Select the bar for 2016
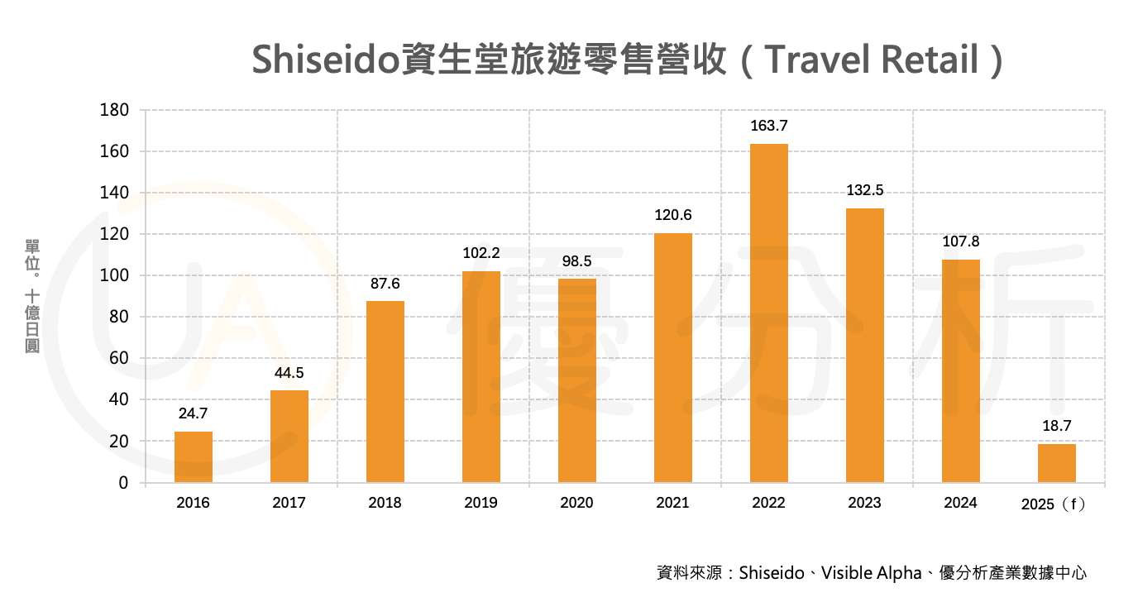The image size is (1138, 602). tap(193, 456)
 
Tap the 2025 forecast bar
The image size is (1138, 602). tap(1056, 463)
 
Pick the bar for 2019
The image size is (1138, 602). tap(481, 376)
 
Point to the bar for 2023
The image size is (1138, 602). tap(864, 345)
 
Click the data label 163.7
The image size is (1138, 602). tap(768, 127)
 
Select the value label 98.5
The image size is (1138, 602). tap(576, 261)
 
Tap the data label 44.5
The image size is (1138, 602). tap(289, 373)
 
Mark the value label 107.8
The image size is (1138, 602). tap(960, 242)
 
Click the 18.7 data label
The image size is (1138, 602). tap(1056, 427)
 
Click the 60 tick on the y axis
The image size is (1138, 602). tap(118, 358)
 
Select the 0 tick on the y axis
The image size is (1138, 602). tap(123, 483)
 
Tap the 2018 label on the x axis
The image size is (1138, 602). tap(385, 503)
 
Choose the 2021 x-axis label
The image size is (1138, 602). tap(672, 503)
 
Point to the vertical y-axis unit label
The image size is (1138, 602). tap(33, 296)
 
